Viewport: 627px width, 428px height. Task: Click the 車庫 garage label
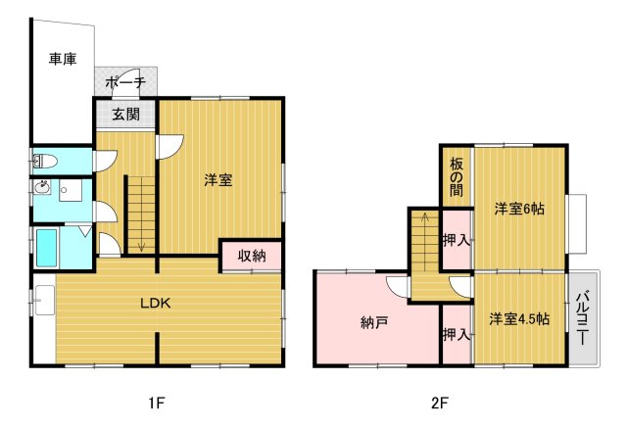click(64, 60)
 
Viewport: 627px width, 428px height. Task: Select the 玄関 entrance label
click(124, 115)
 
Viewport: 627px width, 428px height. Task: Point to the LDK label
click(154, 303)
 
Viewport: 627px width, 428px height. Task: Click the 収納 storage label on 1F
click(252, 256)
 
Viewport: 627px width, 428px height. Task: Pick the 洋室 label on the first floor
click(218, 180)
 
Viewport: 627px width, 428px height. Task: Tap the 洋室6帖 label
click(518, 209)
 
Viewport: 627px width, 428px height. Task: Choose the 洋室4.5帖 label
click(518, 319)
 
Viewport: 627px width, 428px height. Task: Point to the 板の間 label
click(456, 177)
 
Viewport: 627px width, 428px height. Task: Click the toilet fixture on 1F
click(45, 159)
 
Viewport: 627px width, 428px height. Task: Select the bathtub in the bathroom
click(46, 248)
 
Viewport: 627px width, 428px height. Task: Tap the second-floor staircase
click(424, 250)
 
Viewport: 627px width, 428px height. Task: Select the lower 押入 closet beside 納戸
click(455, 335)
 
